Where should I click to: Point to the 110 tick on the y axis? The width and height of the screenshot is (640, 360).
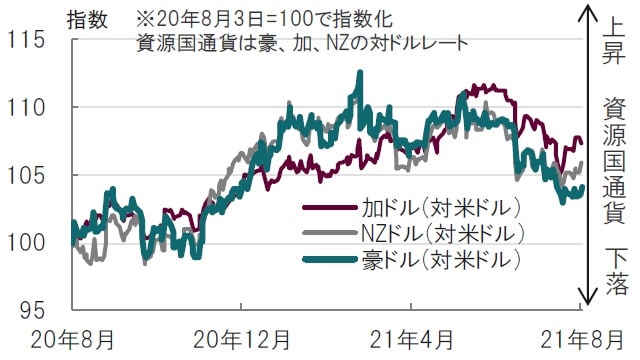click(x=28, y=107)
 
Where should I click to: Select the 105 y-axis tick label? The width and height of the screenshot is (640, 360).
click(x=28, y=175)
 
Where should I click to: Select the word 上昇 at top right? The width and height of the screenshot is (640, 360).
click(x=614, y=41)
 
